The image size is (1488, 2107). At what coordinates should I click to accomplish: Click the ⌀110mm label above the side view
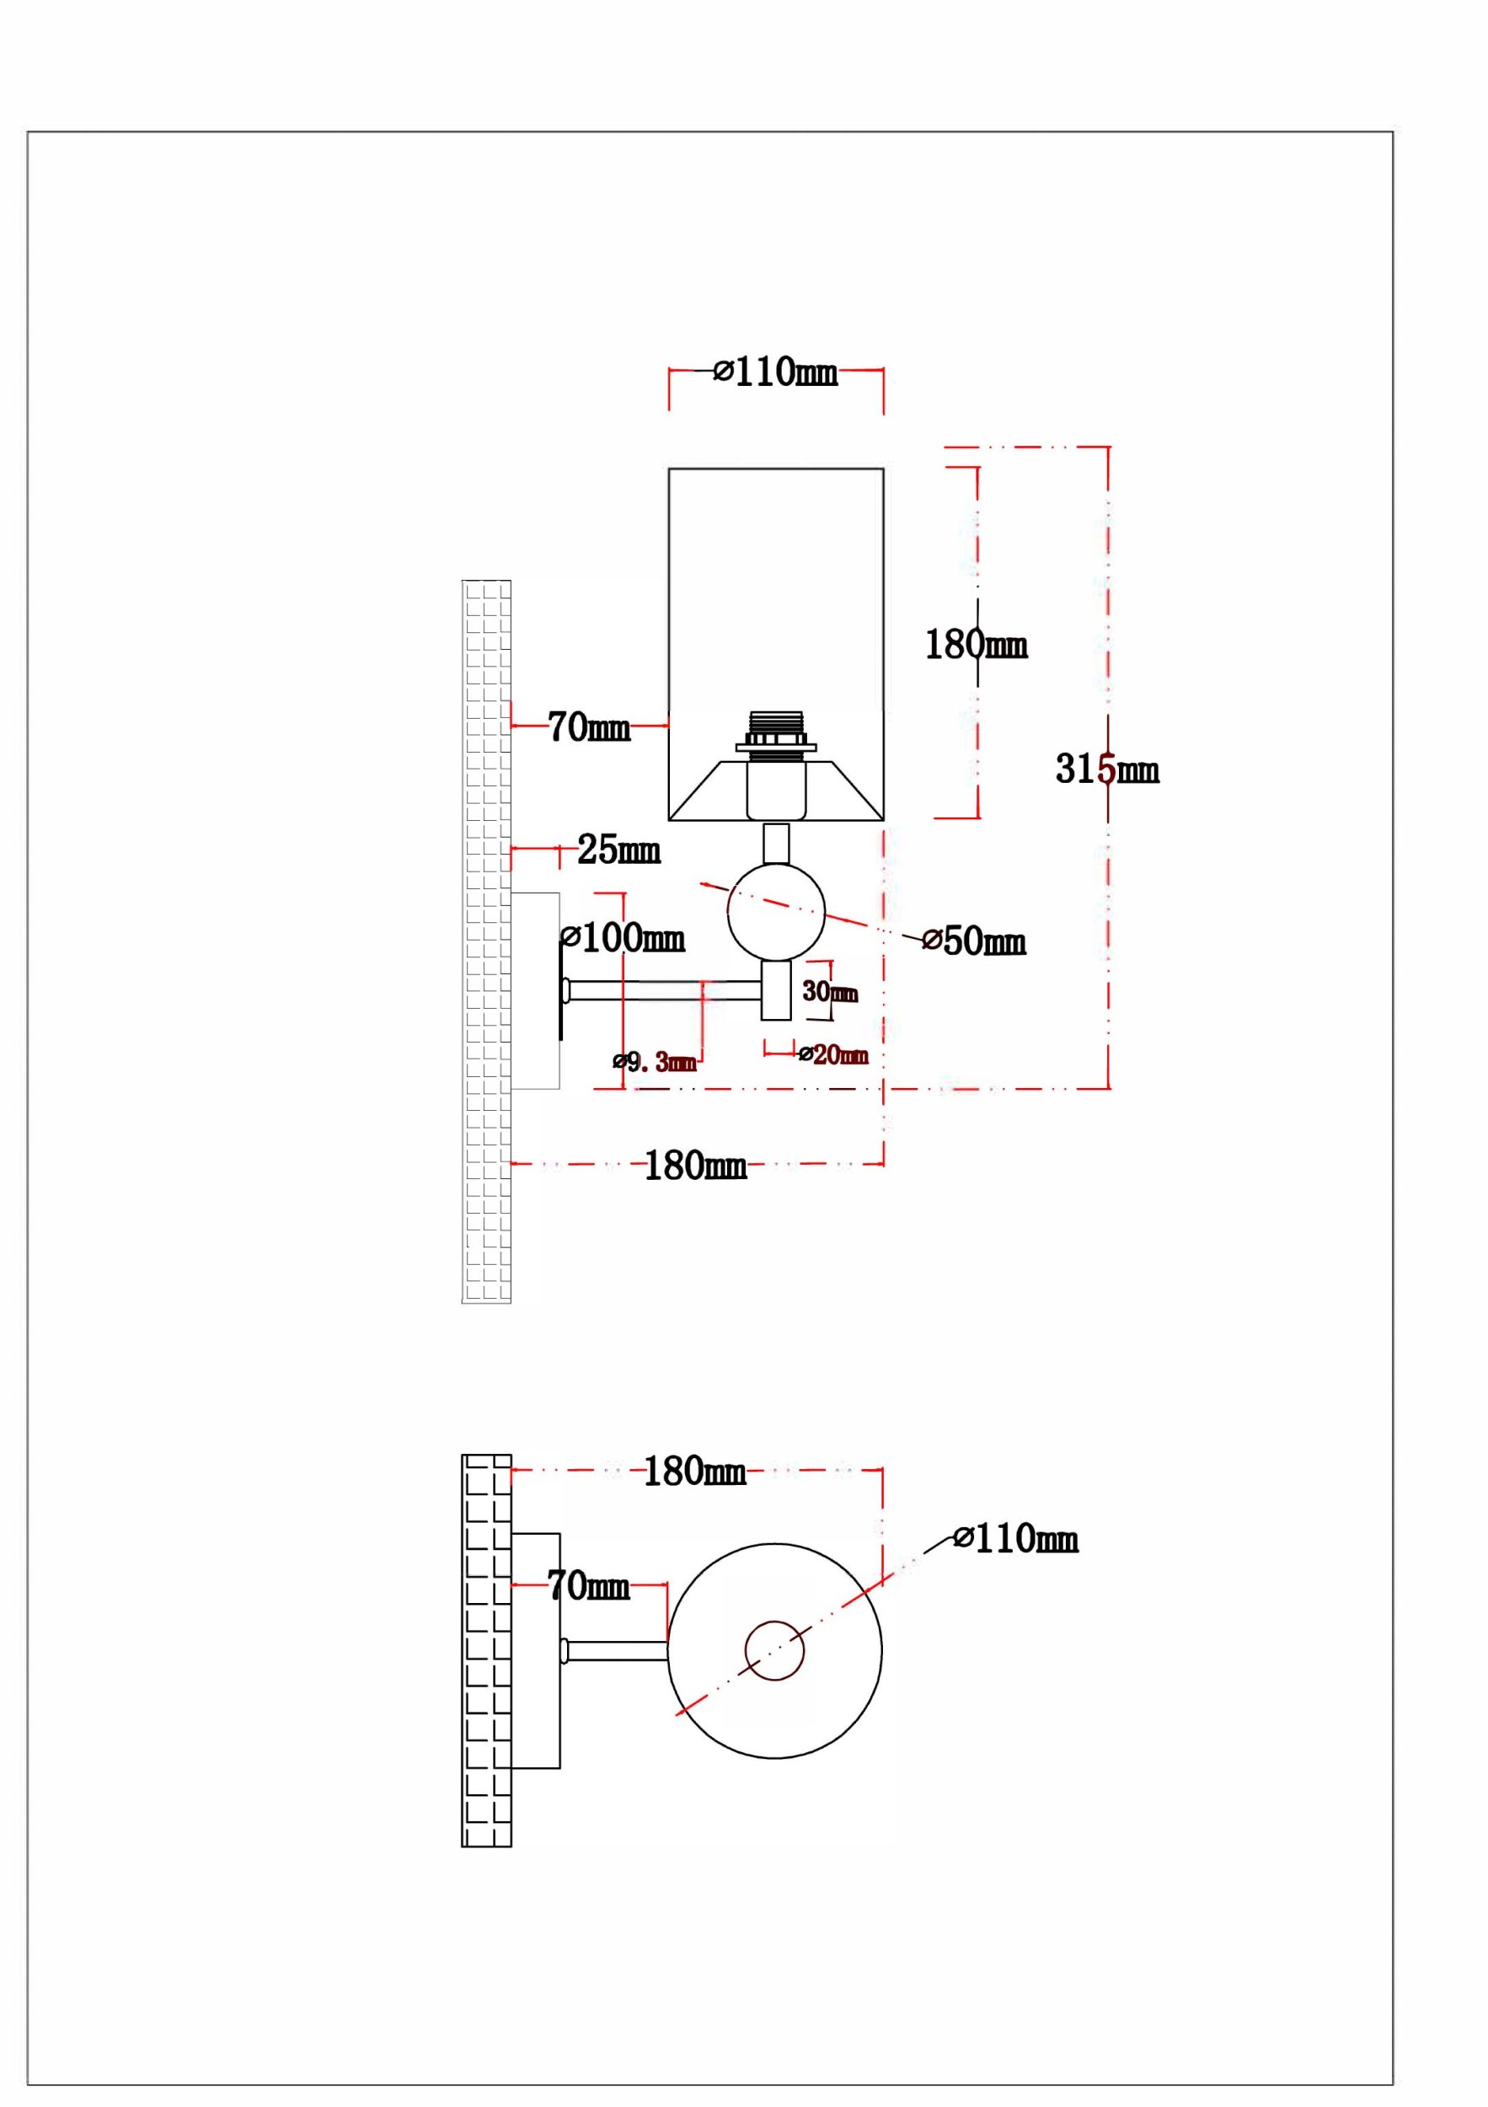tap(775, 372)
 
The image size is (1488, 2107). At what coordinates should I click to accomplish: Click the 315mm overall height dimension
tap(1107, 769)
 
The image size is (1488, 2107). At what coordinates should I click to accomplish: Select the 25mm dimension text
tap(618, 850)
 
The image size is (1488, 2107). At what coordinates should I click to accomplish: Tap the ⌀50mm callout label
tap(973, 941)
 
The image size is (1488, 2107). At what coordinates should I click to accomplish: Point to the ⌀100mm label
tap(623, 938)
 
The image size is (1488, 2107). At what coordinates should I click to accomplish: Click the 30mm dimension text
tap(829, 991)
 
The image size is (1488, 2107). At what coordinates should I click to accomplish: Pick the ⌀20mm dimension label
tap(833, 1054)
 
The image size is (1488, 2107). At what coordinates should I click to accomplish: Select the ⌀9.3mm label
tap(655, 1063)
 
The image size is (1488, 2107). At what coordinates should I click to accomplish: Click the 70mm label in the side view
tap(589, 727)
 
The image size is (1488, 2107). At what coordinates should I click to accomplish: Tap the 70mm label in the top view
tap(588, 1584)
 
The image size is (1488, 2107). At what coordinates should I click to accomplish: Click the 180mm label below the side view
tap(695, 1166)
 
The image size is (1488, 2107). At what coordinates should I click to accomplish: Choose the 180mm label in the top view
tap(694, 1471)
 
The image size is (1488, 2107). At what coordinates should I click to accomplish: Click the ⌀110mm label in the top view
tap(1015, 1539)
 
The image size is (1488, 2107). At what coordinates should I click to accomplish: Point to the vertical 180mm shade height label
tap(976, 644)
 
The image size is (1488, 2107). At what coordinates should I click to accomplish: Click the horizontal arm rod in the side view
tap(662, 990)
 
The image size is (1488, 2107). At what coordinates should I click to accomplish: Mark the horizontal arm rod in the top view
tap(614, 1651)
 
